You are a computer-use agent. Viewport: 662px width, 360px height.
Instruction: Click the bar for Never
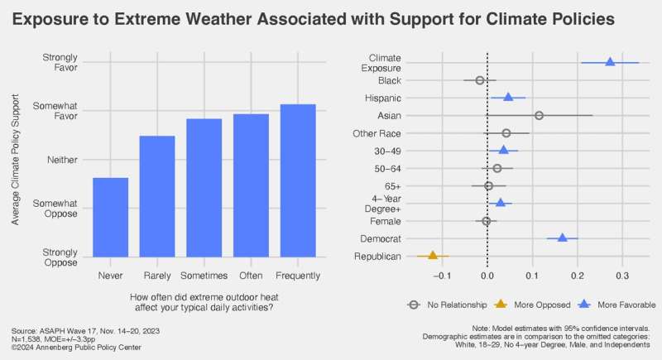coord(110,217)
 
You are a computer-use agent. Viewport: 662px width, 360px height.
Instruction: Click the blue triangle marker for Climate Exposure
coord(610,62)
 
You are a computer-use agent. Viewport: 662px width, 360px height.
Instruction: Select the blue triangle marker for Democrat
coord(563,238)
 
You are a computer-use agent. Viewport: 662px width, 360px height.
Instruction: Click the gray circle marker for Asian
coord(539,115)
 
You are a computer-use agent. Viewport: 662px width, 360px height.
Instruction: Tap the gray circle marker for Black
coord(479,80)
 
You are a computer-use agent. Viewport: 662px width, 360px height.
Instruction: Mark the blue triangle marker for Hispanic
coord(508,98)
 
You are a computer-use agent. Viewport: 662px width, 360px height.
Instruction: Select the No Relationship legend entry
coord(446,304)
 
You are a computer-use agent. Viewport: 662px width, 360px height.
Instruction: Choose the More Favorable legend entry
coord(607,304)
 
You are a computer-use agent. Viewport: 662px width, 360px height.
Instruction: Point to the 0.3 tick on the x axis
coord(622,276)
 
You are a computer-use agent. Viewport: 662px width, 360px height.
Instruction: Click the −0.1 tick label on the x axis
coord(442,276)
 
